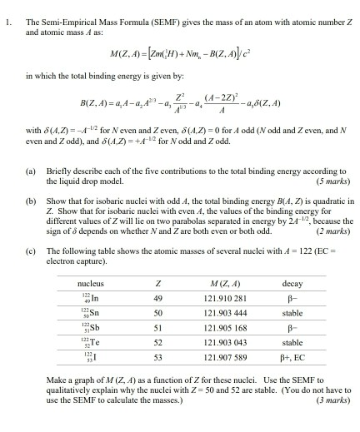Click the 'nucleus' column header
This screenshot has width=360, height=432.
pos(90,306)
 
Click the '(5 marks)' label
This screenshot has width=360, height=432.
pos(331,179)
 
